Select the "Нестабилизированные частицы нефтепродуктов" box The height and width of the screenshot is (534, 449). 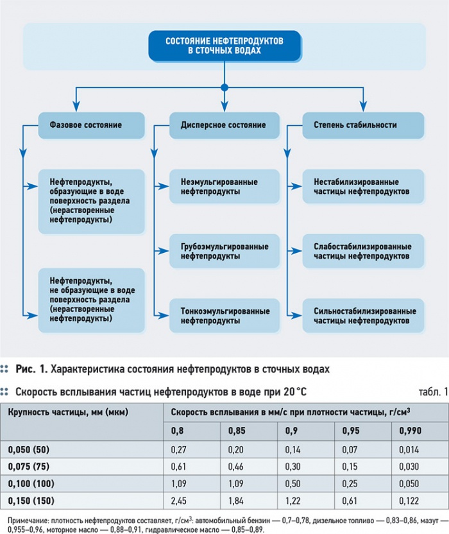(x=363, y=187)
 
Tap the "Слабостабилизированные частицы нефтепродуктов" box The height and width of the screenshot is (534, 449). (x=363, y=251)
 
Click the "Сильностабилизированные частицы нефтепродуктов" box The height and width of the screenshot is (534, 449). (x=363, y=316)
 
